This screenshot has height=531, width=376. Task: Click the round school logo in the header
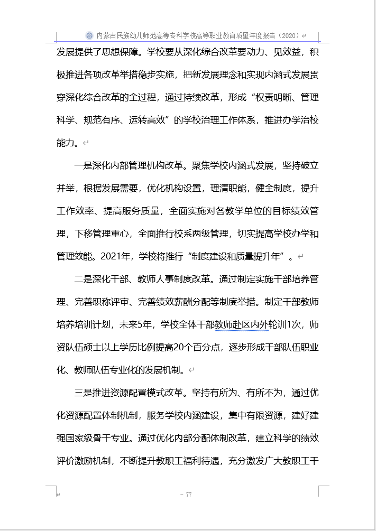(x=89, y=35)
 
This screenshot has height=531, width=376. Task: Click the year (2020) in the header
(x=288, y=35)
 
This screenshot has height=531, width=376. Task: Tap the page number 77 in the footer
(x=188, y=495)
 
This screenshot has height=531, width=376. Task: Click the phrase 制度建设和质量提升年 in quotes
(x=237, y=256)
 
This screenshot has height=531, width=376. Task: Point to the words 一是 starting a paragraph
(x=84, y=165)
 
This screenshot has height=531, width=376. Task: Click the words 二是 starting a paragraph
(x=84, y=279)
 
